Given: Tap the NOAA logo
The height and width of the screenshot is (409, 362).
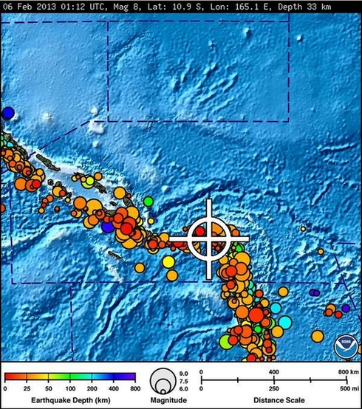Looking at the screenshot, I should (342, 346).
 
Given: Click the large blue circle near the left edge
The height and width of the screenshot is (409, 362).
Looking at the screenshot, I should (7, 113).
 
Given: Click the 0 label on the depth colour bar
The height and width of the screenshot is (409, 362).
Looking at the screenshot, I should (5, 387).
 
